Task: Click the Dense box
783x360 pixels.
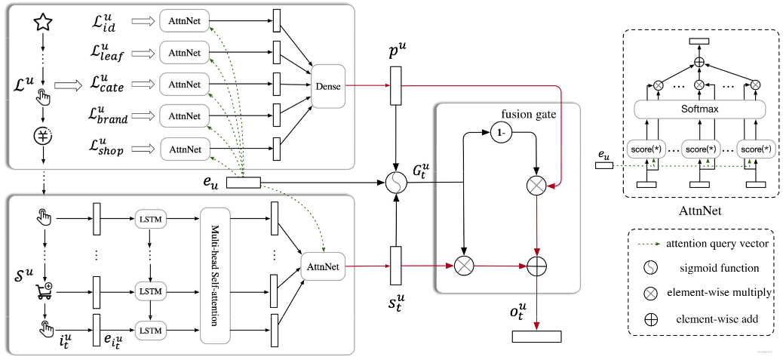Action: [x=327, y=86]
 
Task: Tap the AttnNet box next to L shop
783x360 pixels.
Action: [x=184, y=149]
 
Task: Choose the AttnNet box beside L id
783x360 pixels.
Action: [x=184, y=20]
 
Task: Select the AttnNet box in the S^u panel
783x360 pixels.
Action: [x=324, y=266]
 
